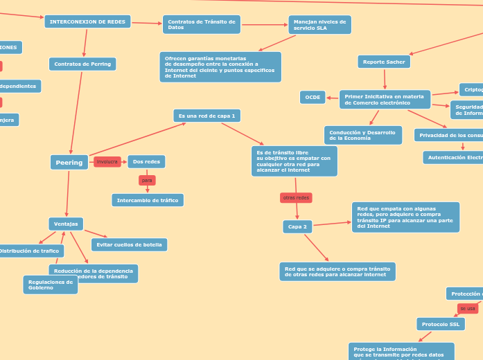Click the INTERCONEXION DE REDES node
click(87, 22)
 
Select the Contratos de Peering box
click(82, 64)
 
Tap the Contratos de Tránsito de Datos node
click(201, 25)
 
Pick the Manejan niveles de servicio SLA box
click(319, 25)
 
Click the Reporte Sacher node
click(384, 62)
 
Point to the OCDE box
click(313, 98)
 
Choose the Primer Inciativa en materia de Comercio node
click(385, 100)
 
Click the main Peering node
click(69, 163)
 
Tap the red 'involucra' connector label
click(107, 162)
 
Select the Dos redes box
click(146, 162)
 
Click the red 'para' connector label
click(147, 181)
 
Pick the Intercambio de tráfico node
click(148, 201)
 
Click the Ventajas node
click(66, 224)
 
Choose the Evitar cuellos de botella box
click(129, 245)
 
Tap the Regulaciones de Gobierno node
click(50, 285)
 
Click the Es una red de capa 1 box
click(207, 116)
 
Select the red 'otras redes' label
click(296, 198)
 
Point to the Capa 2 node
click(297, 227)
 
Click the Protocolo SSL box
click(440, 325)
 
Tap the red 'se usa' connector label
click(467, 309)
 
